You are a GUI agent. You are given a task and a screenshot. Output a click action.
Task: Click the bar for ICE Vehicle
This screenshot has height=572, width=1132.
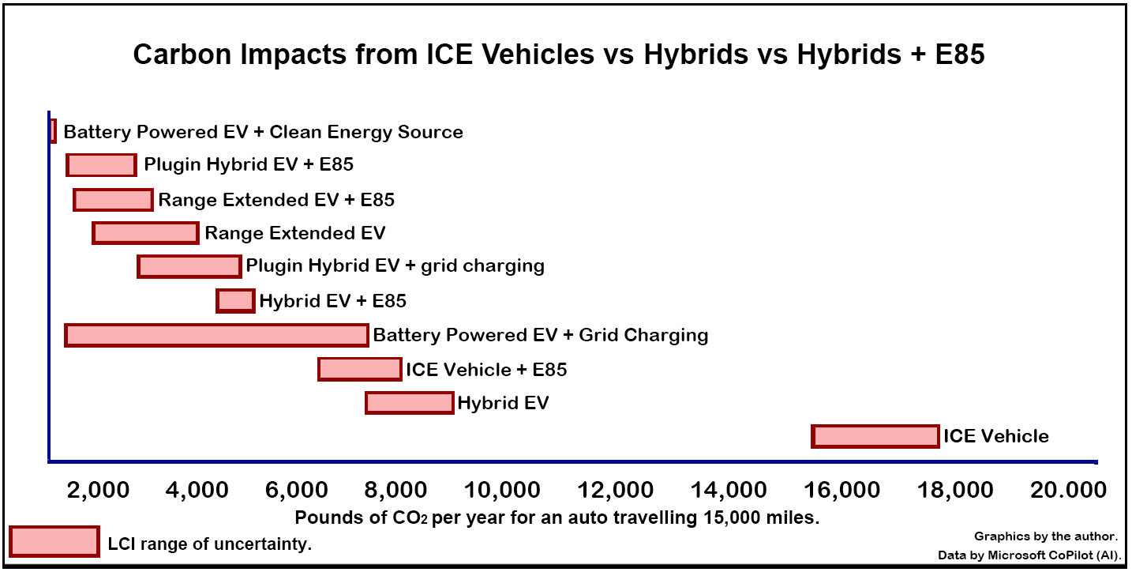click(875, 436)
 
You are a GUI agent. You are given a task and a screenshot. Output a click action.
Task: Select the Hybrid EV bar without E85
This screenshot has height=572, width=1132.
click(409, 403)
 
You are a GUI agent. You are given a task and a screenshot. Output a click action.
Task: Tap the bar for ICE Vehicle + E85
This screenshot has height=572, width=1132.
click(359, 369)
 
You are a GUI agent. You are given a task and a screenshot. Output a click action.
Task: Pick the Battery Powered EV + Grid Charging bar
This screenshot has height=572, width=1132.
click(216, 335)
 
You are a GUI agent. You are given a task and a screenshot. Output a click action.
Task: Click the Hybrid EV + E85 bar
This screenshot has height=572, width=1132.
click(235, 301)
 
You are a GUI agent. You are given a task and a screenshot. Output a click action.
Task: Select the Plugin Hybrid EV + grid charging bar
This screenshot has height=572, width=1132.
click(189, 267)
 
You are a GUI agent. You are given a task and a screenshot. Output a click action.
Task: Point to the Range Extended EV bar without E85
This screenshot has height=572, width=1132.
click(145, 233)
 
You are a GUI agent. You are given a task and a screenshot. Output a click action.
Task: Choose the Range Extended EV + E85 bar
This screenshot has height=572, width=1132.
click(113, 200)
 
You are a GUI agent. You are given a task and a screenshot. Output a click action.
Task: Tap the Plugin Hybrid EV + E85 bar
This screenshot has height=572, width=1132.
click(101, 165)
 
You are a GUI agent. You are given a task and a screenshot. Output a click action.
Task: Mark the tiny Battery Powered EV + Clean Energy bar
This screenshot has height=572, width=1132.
click(53, 131)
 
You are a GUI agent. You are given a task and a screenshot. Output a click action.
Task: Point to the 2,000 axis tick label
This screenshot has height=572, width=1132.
click(99, 491)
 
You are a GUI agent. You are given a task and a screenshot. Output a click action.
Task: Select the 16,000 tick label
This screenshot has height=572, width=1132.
click(839, 491)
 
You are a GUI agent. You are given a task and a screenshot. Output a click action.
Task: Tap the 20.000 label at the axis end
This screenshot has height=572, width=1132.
click(1070, 491)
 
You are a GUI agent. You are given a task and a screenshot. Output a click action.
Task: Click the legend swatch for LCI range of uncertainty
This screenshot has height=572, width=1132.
click(54, 542)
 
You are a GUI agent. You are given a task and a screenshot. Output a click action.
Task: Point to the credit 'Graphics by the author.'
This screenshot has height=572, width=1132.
click(1045, 536)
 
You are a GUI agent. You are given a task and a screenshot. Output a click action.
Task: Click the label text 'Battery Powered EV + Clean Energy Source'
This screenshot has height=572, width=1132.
click(263, 132)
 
